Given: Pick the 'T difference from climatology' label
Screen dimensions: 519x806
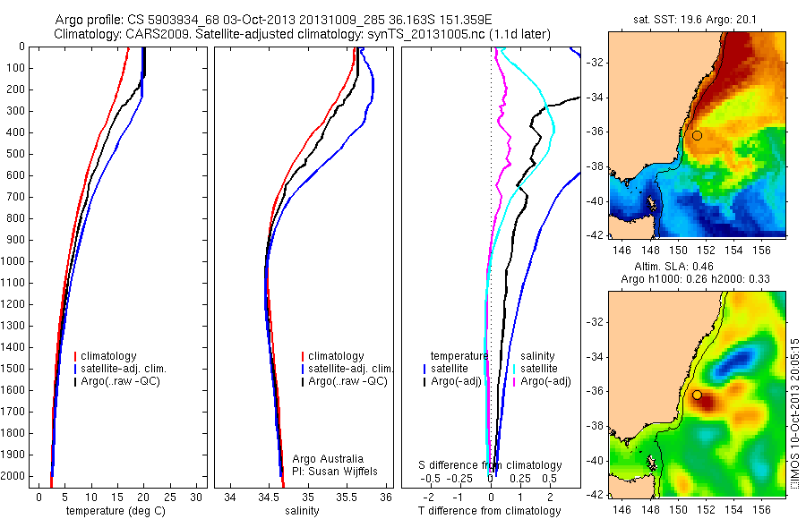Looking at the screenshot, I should point(490,511).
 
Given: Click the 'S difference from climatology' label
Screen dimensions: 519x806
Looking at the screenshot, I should point(490,465).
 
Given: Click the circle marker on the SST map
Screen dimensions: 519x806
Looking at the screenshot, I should point(697,135).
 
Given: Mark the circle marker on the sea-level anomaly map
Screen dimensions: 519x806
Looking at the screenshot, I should point(697,395).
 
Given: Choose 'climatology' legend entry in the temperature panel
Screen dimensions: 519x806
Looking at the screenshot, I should point(107,356).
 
